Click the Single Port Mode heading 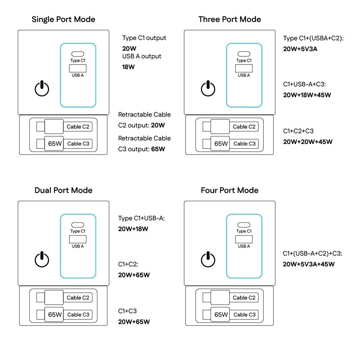point(63,19)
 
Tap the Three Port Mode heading point(230,19)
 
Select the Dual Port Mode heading point(63,190)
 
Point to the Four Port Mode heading point(230,190)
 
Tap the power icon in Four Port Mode point(208,260)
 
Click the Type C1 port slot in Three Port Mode point(244,54)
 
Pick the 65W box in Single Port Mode point(55,144)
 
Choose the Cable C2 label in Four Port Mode point(244,298)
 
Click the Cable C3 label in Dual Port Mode point(78,315)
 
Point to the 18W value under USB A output point(129,67)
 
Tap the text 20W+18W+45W point(307,95)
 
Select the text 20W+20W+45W point(308,142)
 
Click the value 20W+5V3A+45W point(309,264)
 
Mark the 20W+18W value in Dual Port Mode point(133,229)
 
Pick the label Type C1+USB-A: point(141,218)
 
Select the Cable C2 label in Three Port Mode point(244,127)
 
